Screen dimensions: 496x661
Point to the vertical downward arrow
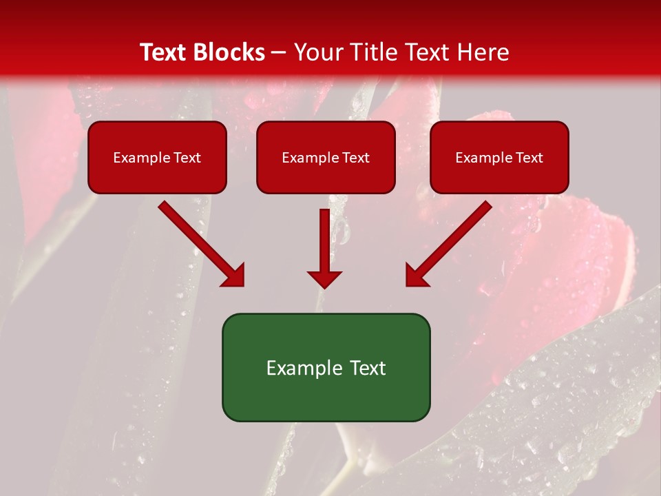pos(324,248)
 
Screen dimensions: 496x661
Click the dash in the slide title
pos(279,53)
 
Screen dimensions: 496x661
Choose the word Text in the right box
pos(529,158)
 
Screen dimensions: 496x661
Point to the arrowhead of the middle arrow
pos(324,278)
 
